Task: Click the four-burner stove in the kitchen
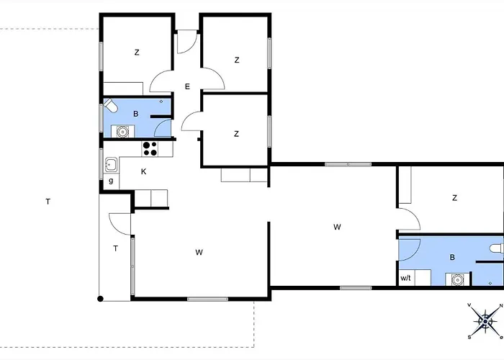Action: tap(150, 149)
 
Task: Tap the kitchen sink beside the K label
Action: tap(111, 165)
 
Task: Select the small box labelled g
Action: tap(111, 181)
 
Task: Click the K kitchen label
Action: tap(143, 171)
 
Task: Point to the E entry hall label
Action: tap(187, 86)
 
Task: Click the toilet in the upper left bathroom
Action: tap(110, 105)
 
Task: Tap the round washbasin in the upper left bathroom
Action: tap(122, 132)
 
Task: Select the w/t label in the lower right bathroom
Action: tap(405, 278)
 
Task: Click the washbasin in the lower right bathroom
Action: tap(457, 279)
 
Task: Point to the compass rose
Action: tap(485, 321)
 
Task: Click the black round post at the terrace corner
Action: tap(100, 299)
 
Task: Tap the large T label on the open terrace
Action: tap(48, 202)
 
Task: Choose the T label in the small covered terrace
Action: tap(115, 248)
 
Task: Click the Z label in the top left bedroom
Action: tap(137, 52)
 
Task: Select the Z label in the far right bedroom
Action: tap(454, 198)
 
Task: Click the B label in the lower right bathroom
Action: tap(452, 258)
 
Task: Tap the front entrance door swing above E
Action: tap(187, 42)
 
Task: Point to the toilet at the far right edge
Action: tap(497, 248)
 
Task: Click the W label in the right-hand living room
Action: tap(337, 228)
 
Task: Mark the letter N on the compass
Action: tap(501, 306)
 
